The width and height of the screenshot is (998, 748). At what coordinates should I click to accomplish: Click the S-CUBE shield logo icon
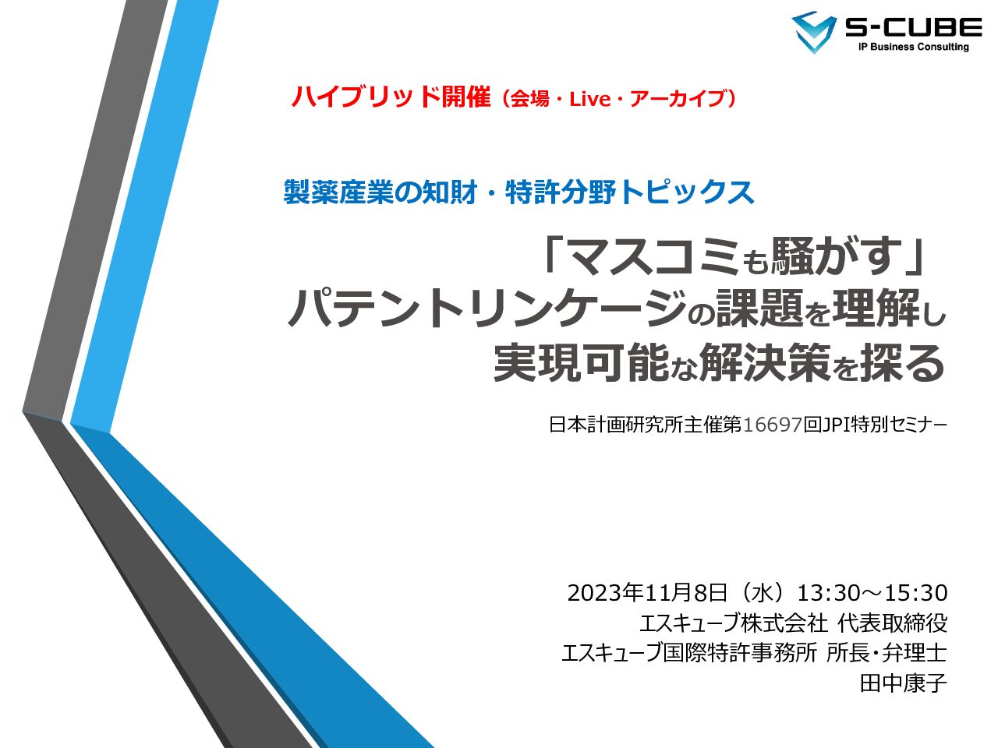[814, 32]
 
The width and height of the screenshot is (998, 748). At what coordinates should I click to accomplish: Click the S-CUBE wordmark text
[914, 27]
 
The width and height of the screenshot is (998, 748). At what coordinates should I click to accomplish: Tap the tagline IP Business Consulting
[914, 46]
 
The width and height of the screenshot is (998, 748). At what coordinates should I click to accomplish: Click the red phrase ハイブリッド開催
[391, 97]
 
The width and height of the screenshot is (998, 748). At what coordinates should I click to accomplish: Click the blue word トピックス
[687, 192]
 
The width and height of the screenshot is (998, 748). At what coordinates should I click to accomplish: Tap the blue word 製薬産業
[338, 192]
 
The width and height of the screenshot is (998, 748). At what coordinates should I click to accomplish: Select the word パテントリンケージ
[487, 309]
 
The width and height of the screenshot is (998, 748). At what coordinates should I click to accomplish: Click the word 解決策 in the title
[765, 362]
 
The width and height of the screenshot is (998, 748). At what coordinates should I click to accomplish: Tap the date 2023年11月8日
[647, 593]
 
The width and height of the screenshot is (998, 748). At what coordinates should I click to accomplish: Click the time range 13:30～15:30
[872, 593]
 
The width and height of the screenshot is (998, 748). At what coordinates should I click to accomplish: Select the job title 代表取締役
[893, 623]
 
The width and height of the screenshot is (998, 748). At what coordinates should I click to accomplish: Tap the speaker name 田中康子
[904, 683]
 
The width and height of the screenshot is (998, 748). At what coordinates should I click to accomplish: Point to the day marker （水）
[763, 593]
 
